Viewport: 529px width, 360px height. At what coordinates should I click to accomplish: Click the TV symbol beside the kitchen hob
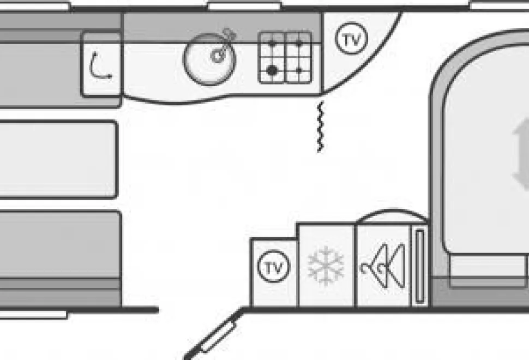[351, 39]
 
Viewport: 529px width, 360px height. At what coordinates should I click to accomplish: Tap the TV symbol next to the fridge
[274, 267]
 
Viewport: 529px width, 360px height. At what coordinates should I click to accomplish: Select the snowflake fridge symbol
[326, 266]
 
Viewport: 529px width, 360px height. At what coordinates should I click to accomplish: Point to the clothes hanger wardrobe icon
[383, 265]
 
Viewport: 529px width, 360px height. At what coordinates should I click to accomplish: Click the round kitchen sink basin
[209, 59]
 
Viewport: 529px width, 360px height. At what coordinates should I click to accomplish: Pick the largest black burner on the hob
[272, 70]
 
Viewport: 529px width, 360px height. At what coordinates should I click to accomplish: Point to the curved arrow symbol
[98, 66]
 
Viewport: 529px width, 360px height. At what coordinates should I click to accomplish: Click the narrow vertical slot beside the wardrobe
[420, 266]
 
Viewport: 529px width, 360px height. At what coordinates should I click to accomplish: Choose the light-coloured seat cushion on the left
[58, 159]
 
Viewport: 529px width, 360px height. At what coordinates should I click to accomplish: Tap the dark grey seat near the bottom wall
[60, 244]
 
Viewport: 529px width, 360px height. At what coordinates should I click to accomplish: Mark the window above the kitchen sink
[244, 6]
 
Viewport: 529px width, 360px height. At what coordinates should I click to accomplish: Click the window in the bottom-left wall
[34, 315]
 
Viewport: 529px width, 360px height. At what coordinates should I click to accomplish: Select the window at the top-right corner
[500, 5]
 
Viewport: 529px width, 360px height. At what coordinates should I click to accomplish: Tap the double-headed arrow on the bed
[521, 154]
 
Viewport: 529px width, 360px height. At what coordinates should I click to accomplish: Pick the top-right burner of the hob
[299, 44]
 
